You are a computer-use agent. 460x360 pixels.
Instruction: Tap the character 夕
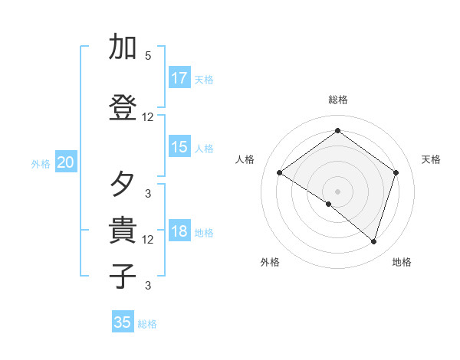tap(123, 185)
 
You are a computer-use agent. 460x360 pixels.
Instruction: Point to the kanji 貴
tap(123, 231)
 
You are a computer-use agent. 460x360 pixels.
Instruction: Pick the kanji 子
tap(123, 276)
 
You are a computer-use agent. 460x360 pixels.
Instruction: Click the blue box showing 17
tap(179, 78)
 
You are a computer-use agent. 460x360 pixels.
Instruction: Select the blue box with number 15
tap(179, 147)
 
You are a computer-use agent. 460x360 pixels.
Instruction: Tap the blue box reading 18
tap(179, 231)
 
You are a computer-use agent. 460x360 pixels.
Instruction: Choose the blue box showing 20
tap(66, 162)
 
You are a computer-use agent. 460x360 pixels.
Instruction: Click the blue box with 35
tap(123, 322)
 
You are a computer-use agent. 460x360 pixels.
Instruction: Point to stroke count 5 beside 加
tap(148, 56)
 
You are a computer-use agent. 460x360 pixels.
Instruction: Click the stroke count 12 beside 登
tap(148, 117)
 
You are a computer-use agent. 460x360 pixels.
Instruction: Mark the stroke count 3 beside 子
tap(148, 286)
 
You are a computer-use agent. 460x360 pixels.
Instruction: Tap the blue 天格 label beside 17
tap(204, 80)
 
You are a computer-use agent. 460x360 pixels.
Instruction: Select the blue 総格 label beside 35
tap(147, 324)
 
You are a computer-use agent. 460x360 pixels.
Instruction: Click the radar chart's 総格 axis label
tap(337, 100)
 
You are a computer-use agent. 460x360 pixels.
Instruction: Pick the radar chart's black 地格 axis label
tap(402, 262)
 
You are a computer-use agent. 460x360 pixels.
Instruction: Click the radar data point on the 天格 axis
tap(396, 173)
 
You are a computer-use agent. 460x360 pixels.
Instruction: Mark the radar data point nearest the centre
tap(329, 204)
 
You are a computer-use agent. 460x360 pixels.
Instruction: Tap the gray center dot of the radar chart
tap(337, 191)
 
